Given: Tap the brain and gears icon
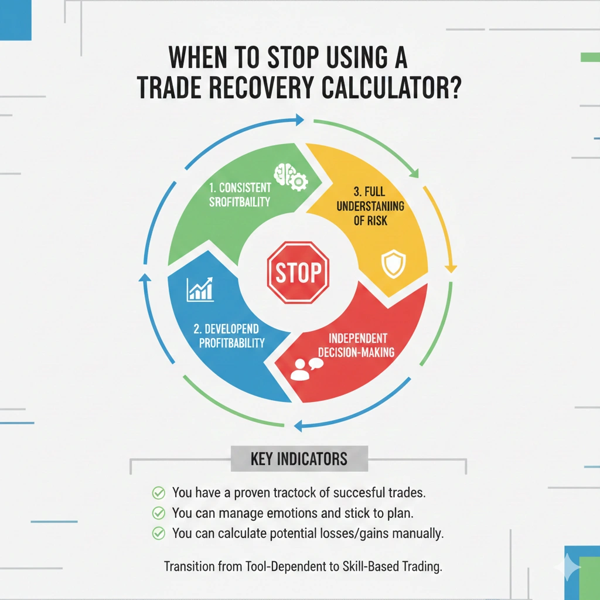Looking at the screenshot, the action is tap(289, 175).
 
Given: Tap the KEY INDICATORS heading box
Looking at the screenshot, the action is tap(299, 459).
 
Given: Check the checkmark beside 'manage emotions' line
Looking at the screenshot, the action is tap(158, 513).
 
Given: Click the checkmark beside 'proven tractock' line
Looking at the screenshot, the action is tap(158, 492).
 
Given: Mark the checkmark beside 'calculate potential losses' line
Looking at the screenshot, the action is tap(158, 534).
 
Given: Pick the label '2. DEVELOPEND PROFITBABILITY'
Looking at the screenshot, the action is tap(232, 336).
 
